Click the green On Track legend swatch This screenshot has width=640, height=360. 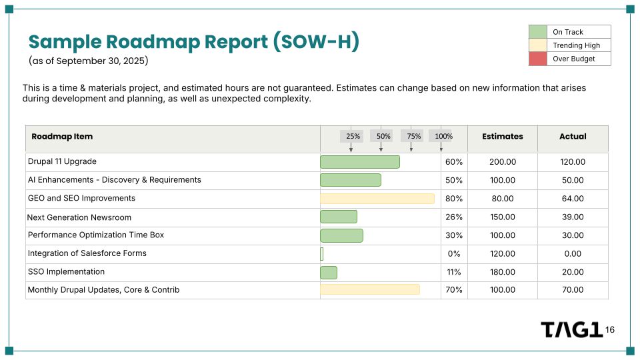pos(537,32)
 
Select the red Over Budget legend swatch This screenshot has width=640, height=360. pos(537,59)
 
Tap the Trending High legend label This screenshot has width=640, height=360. pos(576,45)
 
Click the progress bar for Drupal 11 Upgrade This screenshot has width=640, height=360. pos(360,162)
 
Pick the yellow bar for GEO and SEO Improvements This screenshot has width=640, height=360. pos(377,199)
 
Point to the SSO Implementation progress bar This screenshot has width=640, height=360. pos(329,272)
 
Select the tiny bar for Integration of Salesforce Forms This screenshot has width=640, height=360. pos(321,254)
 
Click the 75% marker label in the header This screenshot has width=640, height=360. pos(414,136)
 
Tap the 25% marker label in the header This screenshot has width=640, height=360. pos(353,136)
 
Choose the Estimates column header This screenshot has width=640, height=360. pos(502,136)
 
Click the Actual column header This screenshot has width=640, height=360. pos(573,136)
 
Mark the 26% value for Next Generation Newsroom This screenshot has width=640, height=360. pos(453,217)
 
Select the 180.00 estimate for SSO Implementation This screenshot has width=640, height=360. pos(502,272)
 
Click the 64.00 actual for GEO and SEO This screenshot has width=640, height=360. pos(573,199)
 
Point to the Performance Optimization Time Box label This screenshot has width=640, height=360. pos(95,235)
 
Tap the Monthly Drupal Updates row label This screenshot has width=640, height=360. pos(103,290)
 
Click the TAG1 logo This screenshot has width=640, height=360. pos(571,330)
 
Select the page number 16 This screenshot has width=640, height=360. pos(610,330)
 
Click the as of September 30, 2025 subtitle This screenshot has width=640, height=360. pos(88,61)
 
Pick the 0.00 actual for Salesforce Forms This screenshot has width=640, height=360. pos(573,253)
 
